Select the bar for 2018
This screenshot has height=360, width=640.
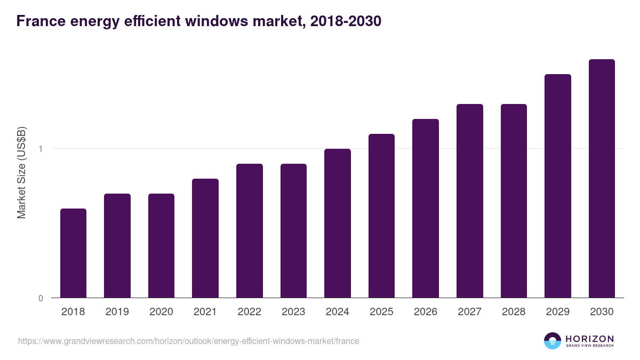(x=73, y=253)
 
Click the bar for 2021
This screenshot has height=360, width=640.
(x=205, y=238)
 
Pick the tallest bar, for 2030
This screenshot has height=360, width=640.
(x=602, y=178)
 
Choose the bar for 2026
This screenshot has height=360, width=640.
(x=426, y=208)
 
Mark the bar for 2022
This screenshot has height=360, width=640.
(x=250, y=230)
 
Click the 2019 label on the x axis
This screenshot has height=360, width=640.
(x=117, y=312)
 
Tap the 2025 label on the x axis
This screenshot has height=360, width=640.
(x=381, y=312)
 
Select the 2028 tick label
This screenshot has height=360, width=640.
(x=514, y=312)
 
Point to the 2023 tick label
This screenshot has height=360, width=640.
(x=293, y=312)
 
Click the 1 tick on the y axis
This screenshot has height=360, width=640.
(x=41, y=149)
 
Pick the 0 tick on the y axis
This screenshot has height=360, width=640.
(x=41, y=298)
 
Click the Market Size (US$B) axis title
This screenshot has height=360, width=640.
(x=21, y=173)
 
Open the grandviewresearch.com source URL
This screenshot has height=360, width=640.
(x=188, y=341)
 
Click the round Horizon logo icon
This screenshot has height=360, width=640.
(x=553, y=341)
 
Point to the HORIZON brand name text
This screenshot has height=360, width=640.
(x=589, y=339)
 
